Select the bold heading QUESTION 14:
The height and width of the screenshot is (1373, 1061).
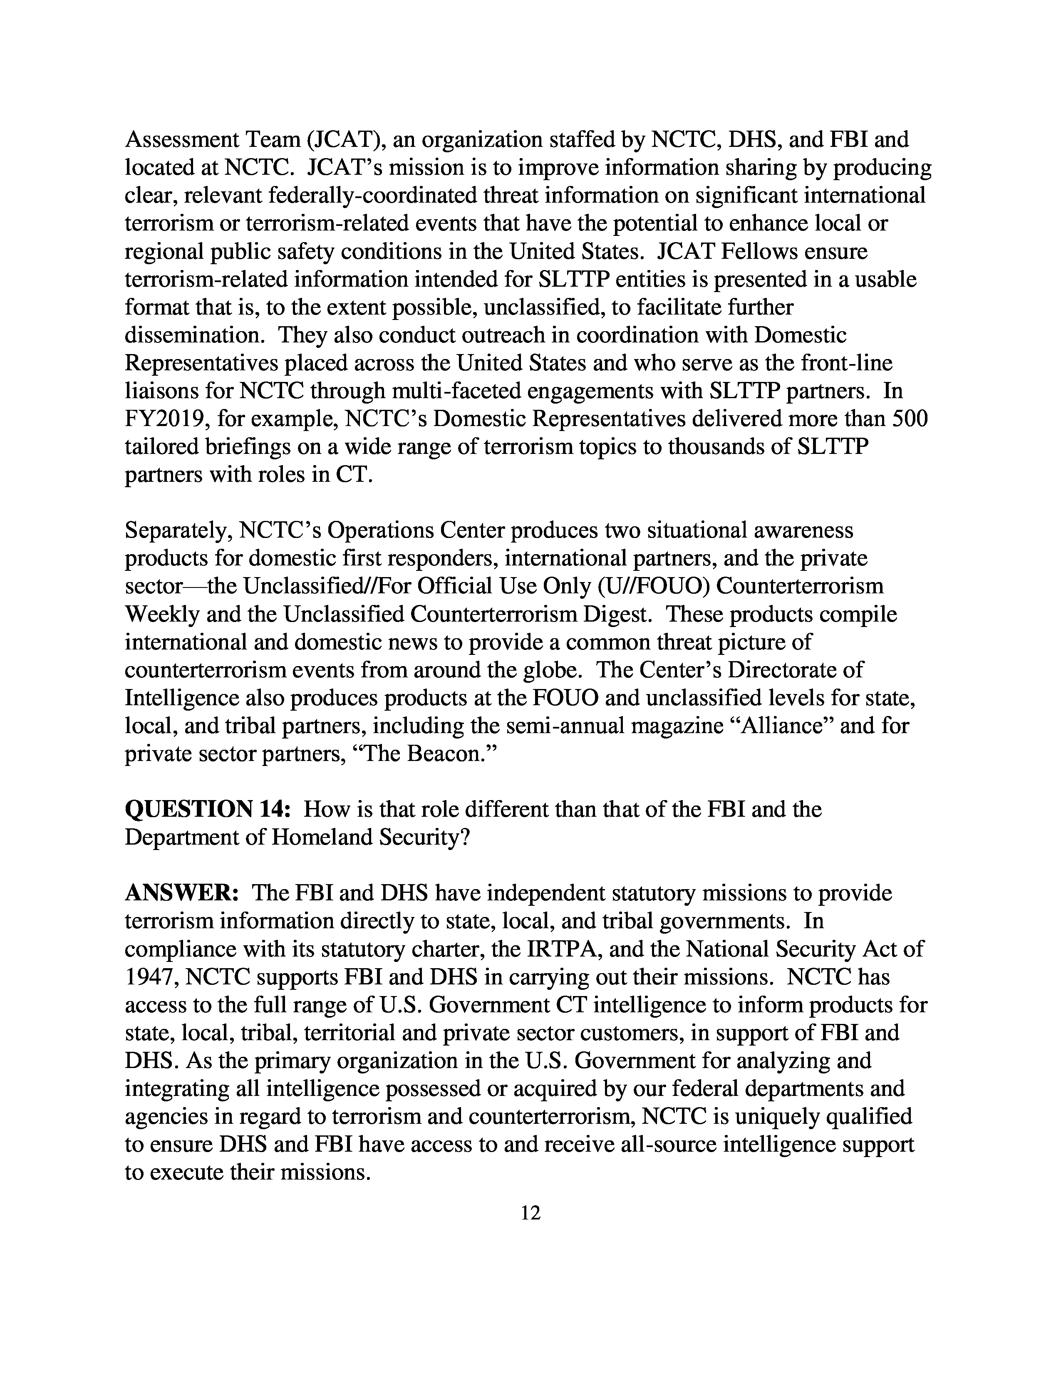[208, 809]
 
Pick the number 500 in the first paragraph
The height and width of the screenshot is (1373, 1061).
[910, 419]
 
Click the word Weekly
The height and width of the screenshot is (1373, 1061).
[162, 614]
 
